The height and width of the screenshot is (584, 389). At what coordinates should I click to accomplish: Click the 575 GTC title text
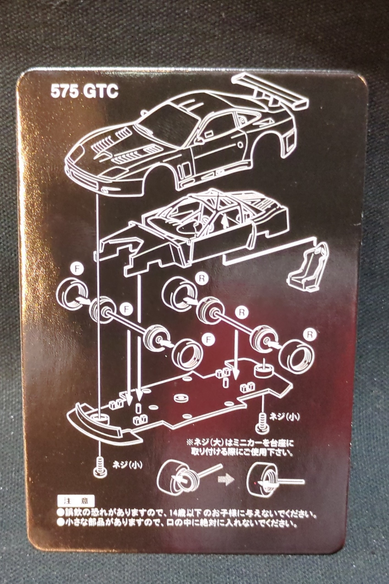point(84,92)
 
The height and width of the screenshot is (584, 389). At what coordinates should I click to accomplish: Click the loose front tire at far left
point(73,294)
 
